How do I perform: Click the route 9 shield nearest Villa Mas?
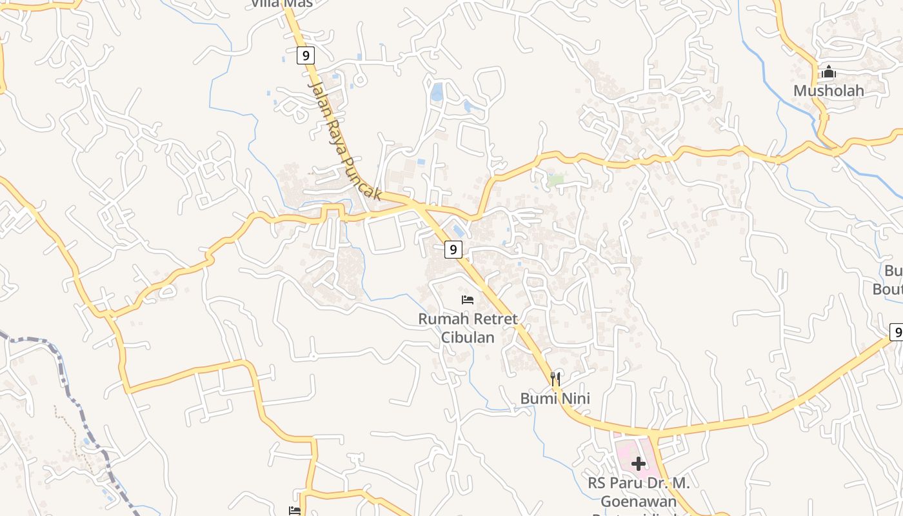click(x=306, y=55)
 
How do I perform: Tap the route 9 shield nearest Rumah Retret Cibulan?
click(x=453, y=249)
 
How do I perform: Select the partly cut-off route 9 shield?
click(x=896, y=332)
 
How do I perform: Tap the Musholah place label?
click(x=828, y=91)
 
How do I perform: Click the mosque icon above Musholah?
click(x=829, y=72)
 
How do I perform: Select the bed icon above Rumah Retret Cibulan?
click(x=468, y=300)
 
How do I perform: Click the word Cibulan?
click(x=468, y=337)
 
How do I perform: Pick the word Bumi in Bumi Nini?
click(x=539, y=399)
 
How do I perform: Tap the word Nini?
click(x=575, y=399)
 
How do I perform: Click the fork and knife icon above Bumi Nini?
click(x=555, y=379)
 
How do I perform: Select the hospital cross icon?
click(x=639, y=463)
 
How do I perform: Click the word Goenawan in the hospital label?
click(x=639, y=501)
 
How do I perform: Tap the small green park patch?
click(x=555, y=180)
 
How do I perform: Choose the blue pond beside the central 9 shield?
click(x=459, y=230)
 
